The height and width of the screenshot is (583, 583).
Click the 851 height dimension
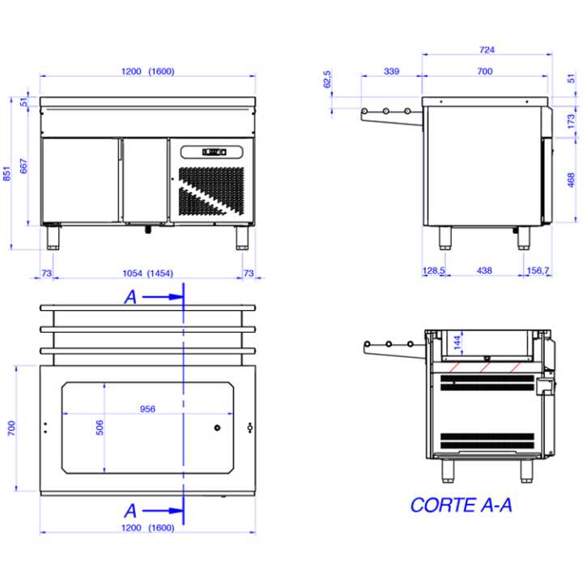coord(6,173)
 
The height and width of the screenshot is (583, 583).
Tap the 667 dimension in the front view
coord(23,166)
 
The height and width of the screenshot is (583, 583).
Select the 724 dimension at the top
coord(487,49)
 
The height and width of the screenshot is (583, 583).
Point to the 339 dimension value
coord(392,71)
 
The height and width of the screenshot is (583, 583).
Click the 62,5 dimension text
coord(327,79)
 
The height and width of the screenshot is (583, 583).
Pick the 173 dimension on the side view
coord(571,121)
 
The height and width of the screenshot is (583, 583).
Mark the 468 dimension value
coord(571,180)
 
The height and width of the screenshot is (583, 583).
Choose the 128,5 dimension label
coord(433,270)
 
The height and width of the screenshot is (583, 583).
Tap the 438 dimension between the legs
coord(484,270)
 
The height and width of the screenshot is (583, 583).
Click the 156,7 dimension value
coord(538,270)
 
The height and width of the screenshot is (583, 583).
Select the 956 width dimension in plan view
coord(147,409)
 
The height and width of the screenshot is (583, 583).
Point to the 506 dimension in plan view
coord(100,428)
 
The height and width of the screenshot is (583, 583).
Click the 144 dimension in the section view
coord(457,342)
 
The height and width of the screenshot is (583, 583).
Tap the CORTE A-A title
coord(461,505)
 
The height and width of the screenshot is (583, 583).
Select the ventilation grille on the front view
coord(211,191)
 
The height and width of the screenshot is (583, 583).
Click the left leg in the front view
coord(53,237)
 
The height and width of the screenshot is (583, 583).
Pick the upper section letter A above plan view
coord(130,297)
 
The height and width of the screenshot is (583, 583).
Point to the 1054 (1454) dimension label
coord(148,274)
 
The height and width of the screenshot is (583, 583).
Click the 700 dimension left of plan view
coord(11,428)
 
